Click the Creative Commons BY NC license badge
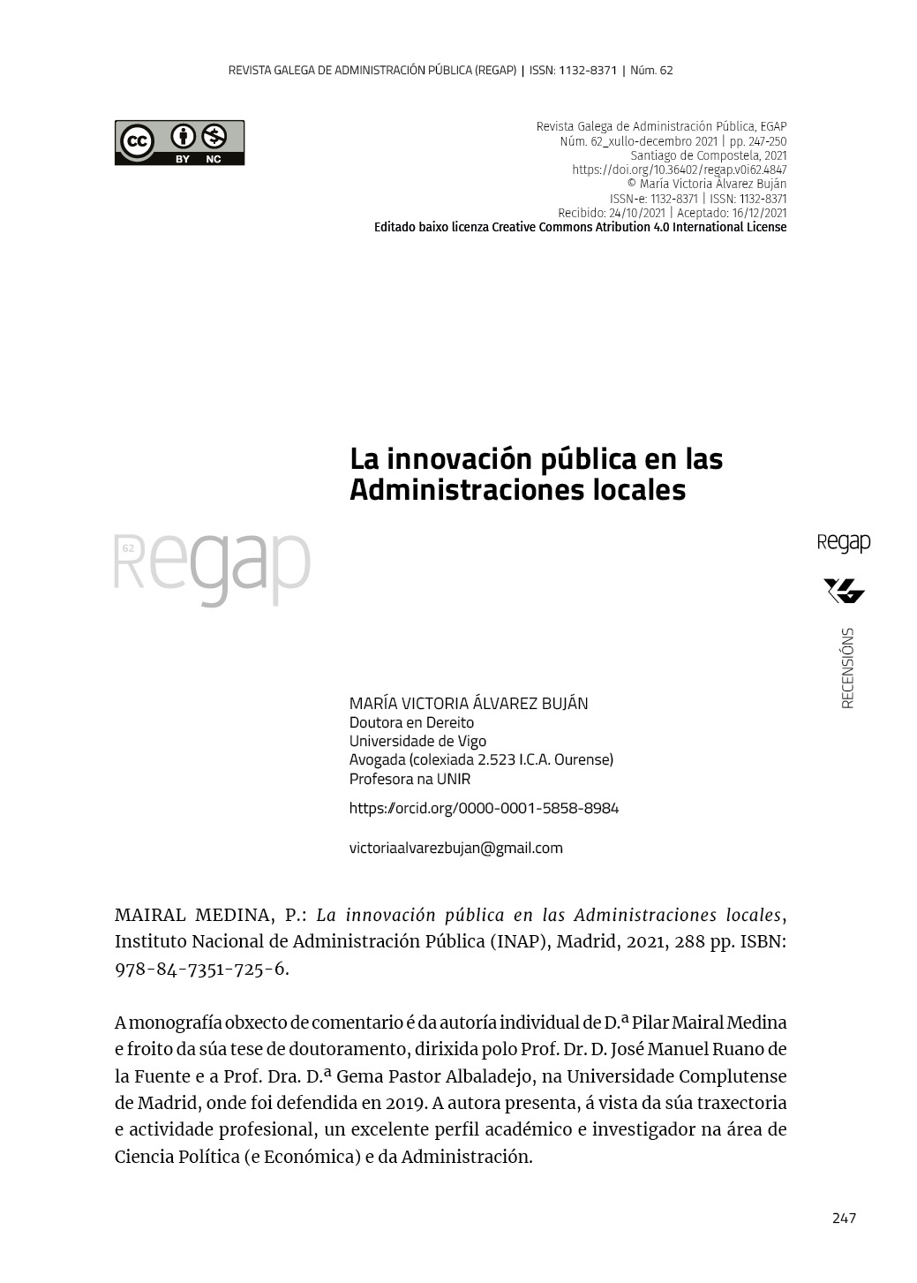pos(179,143)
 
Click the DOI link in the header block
pos(679,170)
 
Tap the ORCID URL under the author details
pos(484,808)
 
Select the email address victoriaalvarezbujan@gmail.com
pos(455,848)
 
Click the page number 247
pos(844,1219)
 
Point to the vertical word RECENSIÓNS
pos(847,668)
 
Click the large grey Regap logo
pos(213,567)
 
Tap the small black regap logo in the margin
pos(844,543)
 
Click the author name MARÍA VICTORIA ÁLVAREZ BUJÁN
pos(469,704)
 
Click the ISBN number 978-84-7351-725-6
pos(200,969)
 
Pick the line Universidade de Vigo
pos(417,741)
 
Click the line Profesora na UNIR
pos(410,779)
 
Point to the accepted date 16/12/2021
pos(759,213)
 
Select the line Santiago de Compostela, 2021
pos(708,155)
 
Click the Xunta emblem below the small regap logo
pos(845,591)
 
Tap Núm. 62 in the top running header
pos(652,70)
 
